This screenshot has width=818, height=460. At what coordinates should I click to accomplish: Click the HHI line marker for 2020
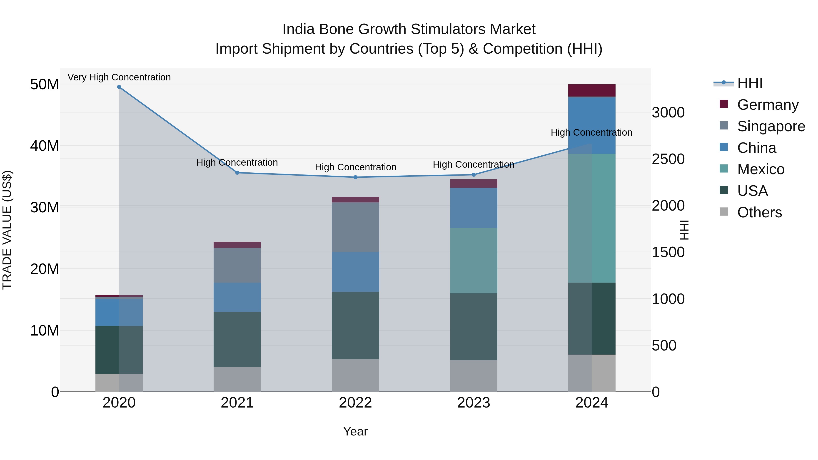coord(119,87)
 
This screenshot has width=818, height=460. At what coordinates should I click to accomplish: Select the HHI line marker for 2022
coord(355,177)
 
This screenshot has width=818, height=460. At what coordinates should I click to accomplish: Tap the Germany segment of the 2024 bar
coord(592,90)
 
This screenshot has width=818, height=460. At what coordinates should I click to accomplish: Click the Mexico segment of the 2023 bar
coord(474,261)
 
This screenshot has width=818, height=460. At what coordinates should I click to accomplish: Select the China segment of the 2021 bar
coord(237,297)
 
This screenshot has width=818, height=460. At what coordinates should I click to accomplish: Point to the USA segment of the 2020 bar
coord(119,350)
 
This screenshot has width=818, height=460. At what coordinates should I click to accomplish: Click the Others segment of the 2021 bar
coord(237,379)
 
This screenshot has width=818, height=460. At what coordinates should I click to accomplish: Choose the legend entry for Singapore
coord(771,126)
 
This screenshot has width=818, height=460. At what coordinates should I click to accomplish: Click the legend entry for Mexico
coord(761,169)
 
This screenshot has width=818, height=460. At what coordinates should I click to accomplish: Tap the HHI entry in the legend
coord(749,83)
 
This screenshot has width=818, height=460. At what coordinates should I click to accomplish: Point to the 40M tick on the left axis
coord(45,146)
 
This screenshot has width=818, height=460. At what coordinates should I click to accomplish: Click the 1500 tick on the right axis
coord(668,252)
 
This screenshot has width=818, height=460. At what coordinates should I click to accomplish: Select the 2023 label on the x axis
coord(474,403)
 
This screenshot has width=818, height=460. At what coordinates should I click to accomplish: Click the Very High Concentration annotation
coord(119,77)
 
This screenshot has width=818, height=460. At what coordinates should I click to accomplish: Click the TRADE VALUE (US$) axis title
coord(7,230)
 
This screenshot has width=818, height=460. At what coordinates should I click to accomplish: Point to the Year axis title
coord(355,431)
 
